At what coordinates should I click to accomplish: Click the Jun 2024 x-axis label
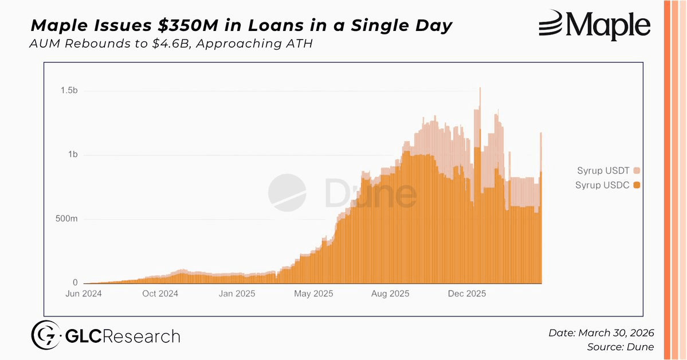coord(84,294)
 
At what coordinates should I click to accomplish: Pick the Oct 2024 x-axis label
coord(160,294)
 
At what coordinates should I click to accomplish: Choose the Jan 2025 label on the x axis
coord(237,294)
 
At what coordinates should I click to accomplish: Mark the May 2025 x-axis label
coord(313,294)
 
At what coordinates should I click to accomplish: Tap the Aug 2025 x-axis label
coord(390,294)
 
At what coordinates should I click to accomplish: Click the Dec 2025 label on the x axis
coord(466,294)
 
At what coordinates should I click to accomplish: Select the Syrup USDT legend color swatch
coord(637,170)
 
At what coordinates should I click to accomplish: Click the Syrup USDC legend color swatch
coord(637,185)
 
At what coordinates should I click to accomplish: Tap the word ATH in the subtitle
coord(298,44)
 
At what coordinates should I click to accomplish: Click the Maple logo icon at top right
coord(551,25)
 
